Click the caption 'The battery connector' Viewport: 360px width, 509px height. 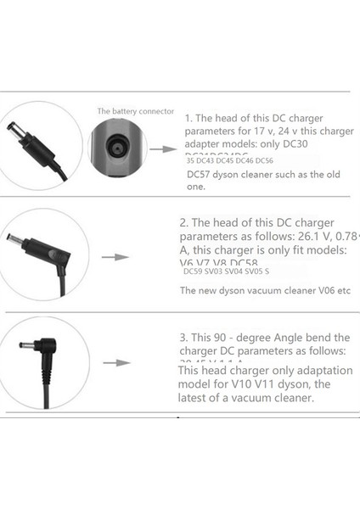[x=135, y=111]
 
